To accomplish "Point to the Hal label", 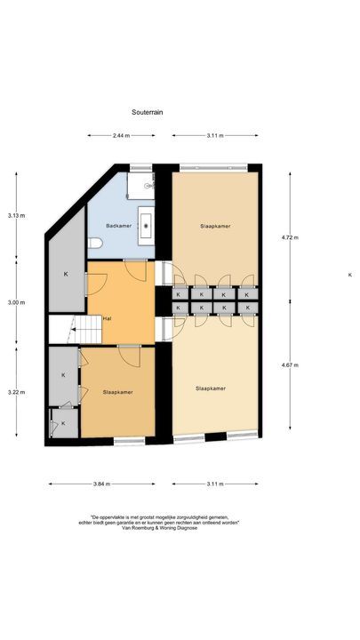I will click(107, 317).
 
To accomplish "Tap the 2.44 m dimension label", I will click(121, 135).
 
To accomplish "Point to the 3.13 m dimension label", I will click(16, 215).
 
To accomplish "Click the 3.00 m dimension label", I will click(16, 303).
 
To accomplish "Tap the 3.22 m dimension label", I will click(16, 391).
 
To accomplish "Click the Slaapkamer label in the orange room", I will click(117, 391).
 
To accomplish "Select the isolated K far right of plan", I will click(349, 276).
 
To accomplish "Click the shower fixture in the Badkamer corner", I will click(140, 185).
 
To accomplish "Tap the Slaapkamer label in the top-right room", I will click(216, 226).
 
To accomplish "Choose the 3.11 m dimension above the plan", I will click(214, 135).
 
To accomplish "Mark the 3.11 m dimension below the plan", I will click(214, 484).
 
